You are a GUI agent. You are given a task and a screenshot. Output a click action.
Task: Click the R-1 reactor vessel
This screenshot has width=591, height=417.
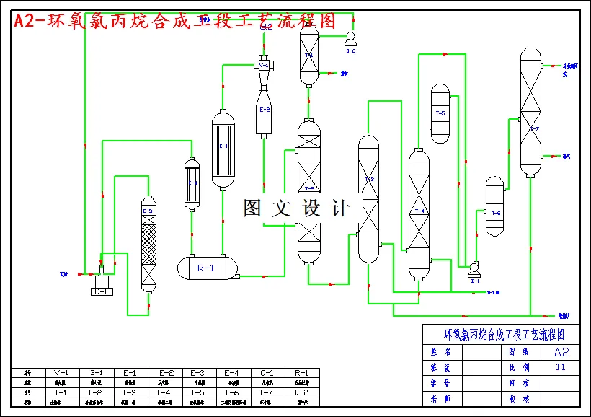(206, 268)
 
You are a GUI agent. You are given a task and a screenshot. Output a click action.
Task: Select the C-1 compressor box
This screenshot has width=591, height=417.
(101, 291)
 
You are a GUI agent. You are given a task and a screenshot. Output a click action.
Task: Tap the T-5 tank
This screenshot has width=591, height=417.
(440, 113)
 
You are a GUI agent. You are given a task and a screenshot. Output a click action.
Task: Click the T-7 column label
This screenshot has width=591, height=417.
(534, 128)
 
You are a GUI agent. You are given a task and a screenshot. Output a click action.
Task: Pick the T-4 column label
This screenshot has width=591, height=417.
(419, 211)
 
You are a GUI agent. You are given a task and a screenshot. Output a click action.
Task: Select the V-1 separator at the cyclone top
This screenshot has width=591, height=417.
(264, 66)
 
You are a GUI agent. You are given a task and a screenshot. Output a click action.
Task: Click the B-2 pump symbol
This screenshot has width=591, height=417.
(350, 36)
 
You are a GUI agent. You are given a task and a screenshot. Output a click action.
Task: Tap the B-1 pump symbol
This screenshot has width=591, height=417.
(474, 269)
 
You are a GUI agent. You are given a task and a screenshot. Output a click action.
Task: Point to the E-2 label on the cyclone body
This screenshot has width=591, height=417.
(265, 110)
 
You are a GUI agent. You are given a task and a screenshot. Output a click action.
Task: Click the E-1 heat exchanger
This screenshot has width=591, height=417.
(223, 149)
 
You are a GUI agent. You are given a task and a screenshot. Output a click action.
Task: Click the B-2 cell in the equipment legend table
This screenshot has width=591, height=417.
(302, 392)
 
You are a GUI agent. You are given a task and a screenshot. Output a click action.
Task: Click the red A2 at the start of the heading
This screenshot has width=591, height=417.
(27, 21)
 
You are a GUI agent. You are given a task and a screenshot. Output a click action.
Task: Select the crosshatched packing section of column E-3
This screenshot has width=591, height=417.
(148, 242)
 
